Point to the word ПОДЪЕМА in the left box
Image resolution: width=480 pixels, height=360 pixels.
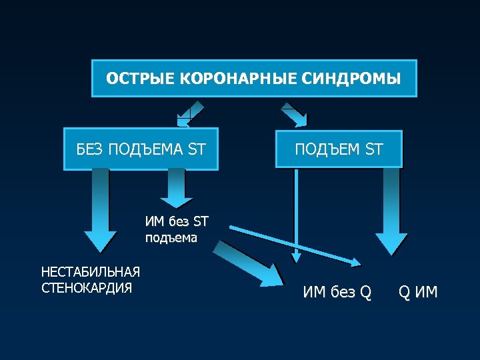click(x=145, y=149)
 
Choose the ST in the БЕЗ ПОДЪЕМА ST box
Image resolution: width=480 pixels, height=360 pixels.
click(x=197, y=149)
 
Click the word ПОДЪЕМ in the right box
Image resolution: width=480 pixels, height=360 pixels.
click(x=329, y=149)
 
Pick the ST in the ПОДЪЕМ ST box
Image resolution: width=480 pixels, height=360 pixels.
click(x=374, y=149)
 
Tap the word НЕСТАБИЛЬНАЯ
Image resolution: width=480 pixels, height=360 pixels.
click(x=91, y=272)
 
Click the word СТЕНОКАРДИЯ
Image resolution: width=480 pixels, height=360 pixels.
click(x=87, y=288)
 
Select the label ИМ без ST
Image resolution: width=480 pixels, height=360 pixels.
click(x=176, y=222)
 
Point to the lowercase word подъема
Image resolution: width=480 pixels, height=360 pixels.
click(x=171, y=237)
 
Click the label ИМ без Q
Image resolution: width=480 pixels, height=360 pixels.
click(x=337, y=292)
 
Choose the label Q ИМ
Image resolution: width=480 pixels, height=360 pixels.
click(x=418, y=292)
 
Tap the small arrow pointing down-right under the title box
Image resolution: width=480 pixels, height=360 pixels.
click(x=293, y=114)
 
